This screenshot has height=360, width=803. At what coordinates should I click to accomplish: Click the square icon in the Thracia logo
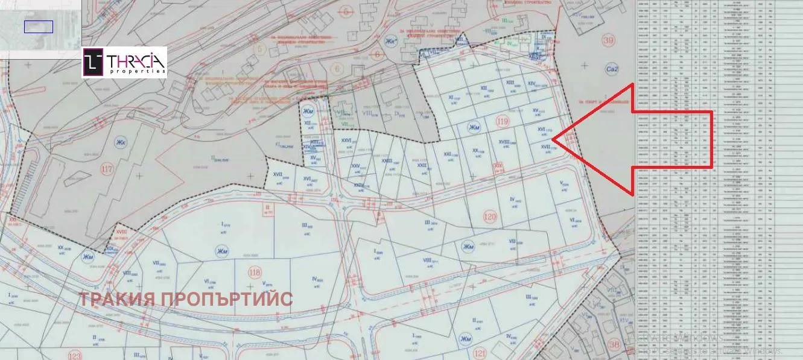tap(94, 62)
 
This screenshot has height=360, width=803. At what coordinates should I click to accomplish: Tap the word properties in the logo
tap(137, 71)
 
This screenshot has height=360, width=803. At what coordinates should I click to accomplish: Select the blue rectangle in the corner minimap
tap(39, 27)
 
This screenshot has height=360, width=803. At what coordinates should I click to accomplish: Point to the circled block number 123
tap(75, 355)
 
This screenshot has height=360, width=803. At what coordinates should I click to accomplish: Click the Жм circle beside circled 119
tap(475, 126)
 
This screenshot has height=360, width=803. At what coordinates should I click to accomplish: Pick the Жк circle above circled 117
tap(118, 143)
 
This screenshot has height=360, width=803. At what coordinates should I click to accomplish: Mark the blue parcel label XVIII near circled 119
tap(504, 142)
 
